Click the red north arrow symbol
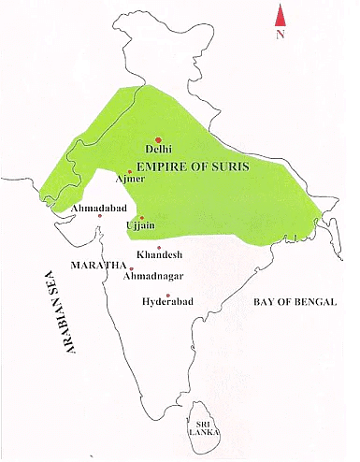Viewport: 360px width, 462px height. click(x=279, y=15)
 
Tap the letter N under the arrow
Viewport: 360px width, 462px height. click(x=279, y=35)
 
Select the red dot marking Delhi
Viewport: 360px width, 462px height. click(x=158, y=138)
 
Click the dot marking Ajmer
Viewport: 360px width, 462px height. click(x=130, y=171)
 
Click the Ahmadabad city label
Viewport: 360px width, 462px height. click(x=93, y=208)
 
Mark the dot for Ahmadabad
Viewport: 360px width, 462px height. click(x=100, y=216)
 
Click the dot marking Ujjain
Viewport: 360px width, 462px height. click(x=141, y=216)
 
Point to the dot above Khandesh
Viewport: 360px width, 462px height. click(x=159, y=247)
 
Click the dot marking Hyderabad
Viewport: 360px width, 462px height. click(x=167, y=295)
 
